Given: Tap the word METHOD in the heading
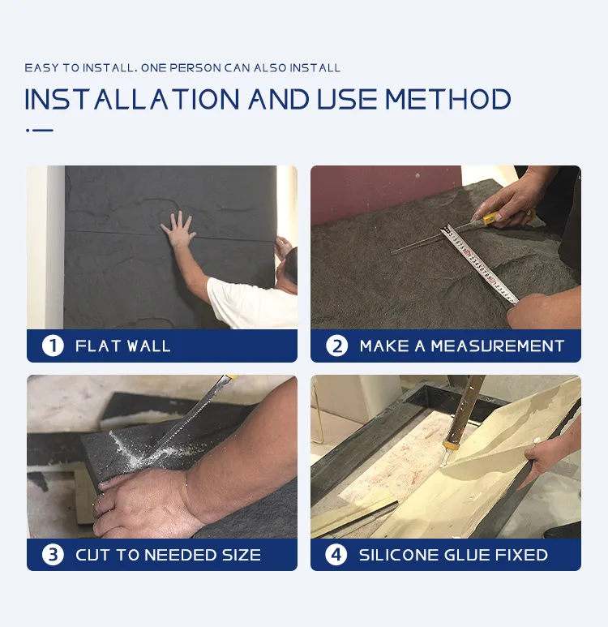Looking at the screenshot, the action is click(448, 99).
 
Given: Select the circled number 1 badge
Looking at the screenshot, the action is click(53, 346).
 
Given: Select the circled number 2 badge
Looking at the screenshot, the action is click(336, 346).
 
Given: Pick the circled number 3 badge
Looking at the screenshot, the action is click(53, 555).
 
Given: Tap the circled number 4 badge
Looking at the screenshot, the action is click(336, 555).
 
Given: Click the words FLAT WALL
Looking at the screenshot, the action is click(123, 346).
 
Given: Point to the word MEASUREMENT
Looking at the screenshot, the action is click(497, 346).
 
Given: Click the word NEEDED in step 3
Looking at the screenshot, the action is click(180, 555).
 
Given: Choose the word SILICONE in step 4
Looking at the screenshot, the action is click(398, 555).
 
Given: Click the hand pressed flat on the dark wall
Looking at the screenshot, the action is click(178, 230).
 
